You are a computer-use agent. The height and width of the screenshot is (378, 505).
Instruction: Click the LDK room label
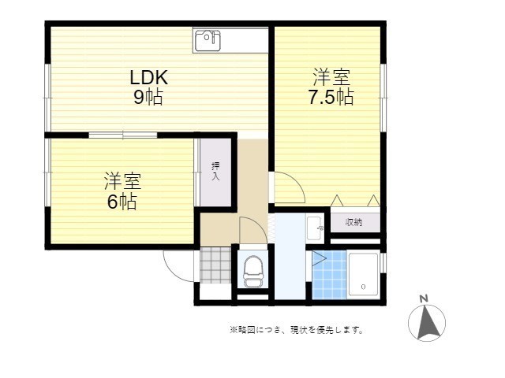pos(148,78)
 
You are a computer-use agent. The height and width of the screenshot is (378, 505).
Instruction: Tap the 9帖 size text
pos(148,98)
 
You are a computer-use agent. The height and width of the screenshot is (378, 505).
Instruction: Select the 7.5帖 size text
pos(331,97)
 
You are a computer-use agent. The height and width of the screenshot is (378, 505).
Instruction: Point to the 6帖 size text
pos(122,202)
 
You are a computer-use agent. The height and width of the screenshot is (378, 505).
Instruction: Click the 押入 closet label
pos(215,172)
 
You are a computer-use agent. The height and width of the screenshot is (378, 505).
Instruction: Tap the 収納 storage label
pos(354,223)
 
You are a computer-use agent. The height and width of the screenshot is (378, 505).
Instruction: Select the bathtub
pos(364,275)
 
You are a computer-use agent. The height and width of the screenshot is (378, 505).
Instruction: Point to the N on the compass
pos(424,298)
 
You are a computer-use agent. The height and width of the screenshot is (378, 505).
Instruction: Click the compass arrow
pos(427,322)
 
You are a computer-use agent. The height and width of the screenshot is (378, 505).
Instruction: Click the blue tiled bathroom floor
pos(330,276)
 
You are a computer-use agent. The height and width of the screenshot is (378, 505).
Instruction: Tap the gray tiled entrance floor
pos(214,265)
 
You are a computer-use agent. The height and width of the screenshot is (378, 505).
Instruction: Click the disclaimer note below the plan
pos(296,330)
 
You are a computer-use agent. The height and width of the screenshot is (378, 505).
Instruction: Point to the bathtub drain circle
pos(362,286)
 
